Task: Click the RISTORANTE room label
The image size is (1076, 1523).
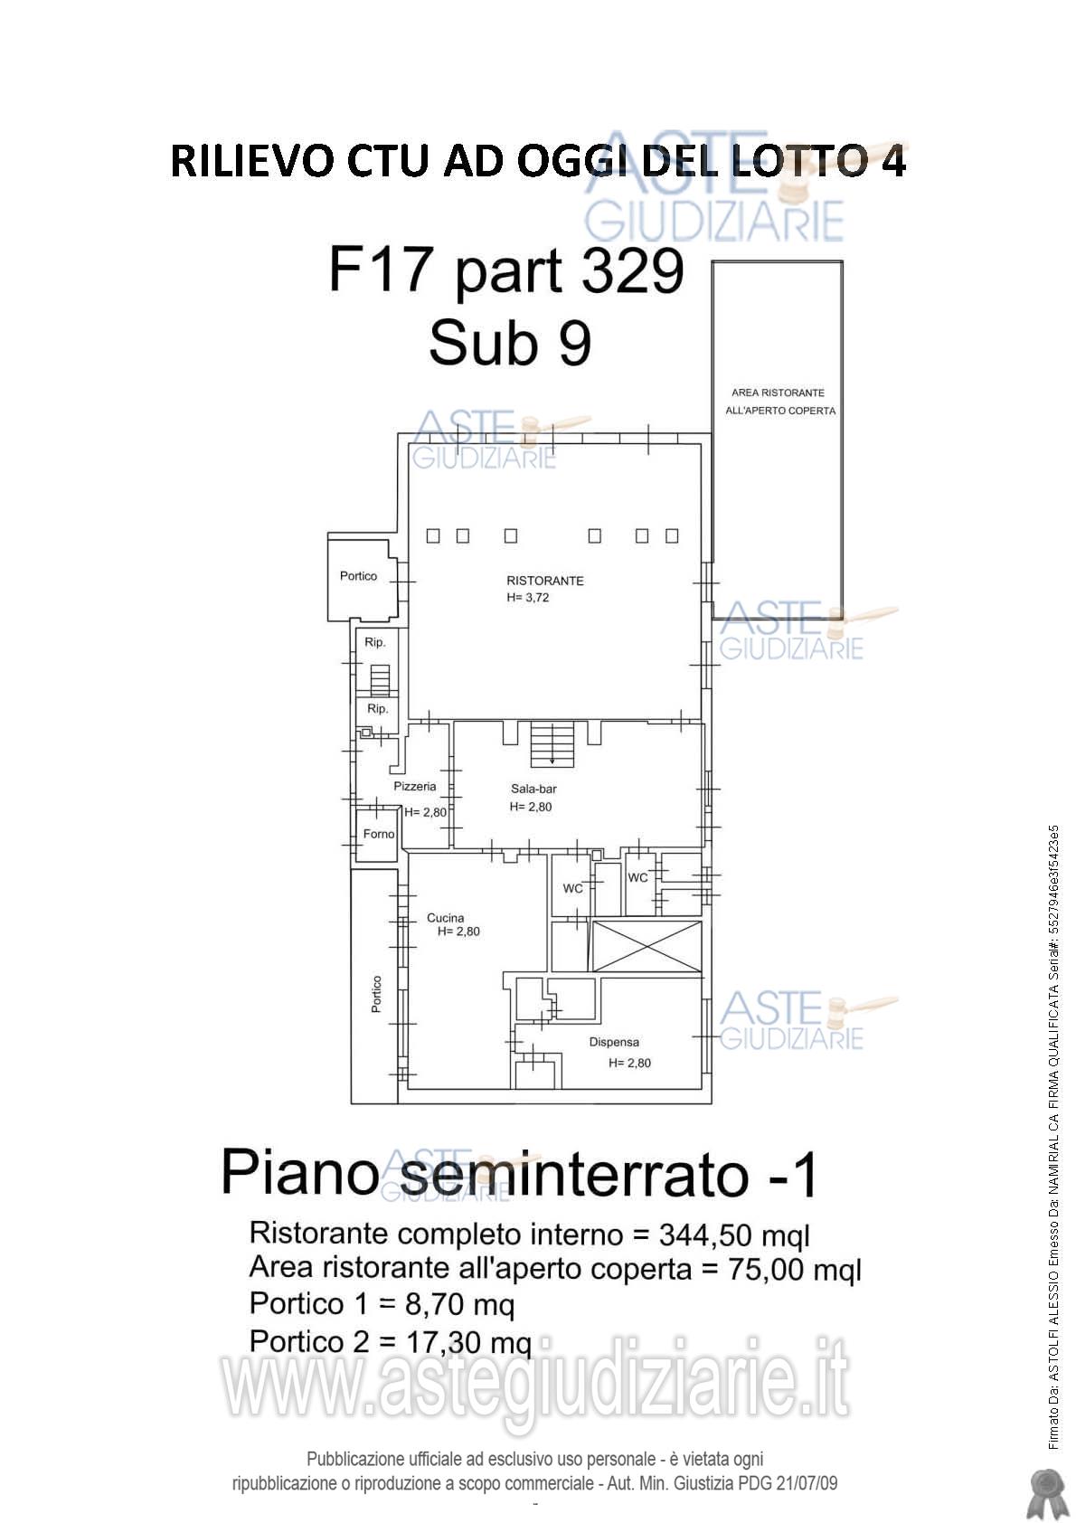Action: [x=544, y=581]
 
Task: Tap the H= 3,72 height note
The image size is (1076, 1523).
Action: [x=528, y=598]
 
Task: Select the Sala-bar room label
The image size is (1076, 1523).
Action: [x=533, y=789]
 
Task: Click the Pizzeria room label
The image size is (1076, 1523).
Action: [x=415, y=787]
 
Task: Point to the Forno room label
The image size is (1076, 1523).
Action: [x=378, y=834]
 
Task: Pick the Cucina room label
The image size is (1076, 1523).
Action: [x=445, y=918]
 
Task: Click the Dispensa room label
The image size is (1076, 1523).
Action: [x=614, y=1042]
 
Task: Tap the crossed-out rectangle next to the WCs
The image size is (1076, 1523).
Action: [x=647, y=948]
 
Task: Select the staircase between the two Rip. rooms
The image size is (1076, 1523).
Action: [x=380, y=679]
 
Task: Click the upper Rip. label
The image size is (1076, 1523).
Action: [x=375, y=642]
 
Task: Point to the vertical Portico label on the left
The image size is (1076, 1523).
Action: [x=376, y=994]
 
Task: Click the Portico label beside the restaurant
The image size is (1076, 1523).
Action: [x=358, y=576]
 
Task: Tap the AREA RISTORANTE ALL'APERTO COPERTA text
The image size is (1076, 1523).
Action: [x=779, y=402]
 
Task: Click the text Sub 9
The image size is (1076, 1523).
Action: [x=510, y=344]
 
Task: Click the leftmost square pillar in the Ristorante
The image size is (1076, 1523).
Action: [x=433, y=536]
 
